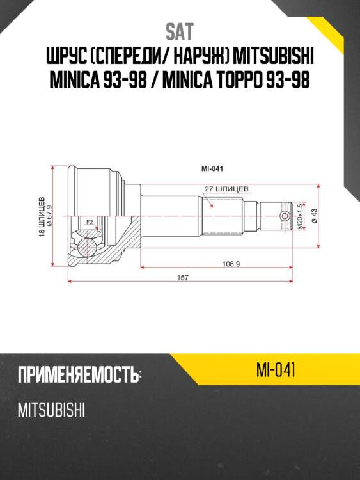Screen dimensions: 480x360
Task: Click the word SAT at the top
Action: point(179,31)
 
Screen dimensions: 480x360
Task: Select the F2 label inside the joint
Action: point(90,222)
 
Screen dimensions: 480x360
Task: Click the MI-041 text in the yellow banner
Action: point(274,369)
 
